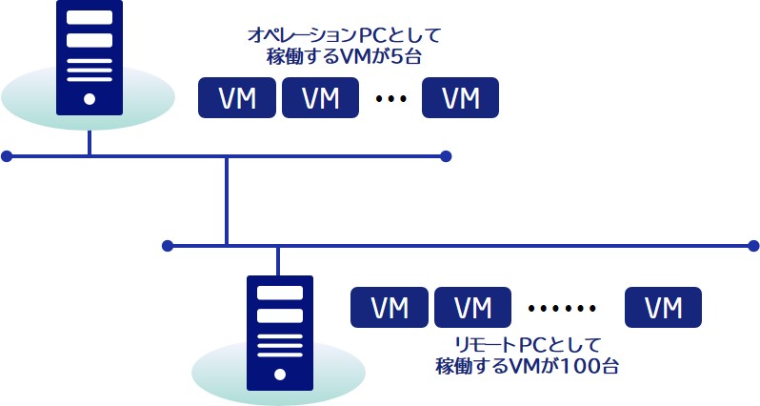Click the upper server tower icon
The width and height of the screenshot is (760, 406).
89,57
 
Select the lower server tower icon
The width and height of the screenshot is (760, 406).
278,334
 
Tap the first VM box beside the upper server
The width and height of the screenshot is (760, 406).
236,98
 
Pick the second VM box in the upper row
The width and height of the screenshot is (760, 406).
319,98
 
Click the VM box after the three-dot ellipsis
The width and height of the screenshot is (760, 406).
461,98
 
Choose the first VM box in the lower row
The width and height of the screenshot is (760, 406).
390,308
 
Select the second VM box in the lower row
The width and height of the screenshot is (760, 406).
472,308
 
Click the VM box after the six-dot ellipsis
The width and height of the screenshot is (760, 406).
663,308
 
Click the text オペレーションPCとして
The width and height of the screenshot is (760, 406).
344,36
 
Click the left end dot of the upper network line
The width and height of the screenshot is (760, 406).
7,155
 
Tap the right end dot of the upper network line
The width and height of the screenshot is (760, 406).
446,155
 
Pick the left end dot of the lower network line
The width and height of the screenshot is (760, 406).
168,246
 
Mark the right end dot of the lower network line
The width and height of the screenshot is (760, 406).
753,246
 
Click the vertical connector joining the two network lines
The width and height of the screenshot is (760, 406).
227,200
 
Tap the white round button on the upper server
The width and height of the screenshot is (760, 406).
89,98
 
